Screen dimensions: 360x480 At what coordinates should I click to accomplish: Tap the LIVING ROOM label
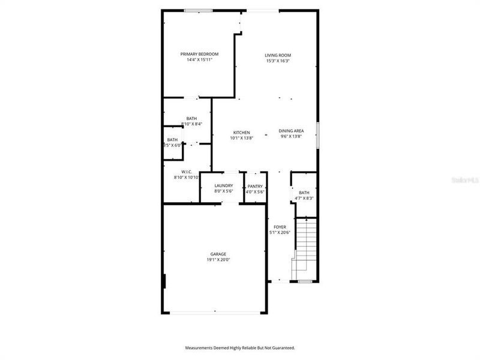tap(278, 55)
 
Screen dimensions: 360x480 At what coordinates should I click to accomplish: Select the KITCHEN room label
tap(242, 133)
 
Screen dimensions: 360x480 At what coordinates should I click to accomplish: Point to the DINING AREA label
tap(291, 131)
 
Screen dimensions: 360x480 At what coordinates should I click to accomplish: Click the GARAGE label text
tap(218, 254)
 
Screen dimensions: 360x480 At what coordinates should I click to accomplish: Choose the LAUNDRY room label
tap(224, 185)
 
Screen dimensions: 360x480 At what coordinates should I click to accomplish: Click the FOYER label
tap(280, 227)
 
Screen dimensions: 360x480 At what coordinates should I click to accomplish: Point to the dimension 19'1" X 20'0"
tap(218, 260)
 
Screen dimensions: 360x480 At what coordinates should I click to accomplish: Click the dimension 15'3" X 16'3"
tap(278, 61)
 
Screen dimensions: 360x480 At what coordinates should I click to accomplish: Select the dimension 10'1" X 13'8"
tap(242, 138)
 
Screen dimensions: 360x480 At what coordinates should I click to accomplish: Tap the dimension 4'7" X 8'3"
tap(304, 198)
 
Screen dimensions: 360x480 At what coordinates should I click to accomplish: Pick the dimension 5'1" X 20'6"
tap(280, 233)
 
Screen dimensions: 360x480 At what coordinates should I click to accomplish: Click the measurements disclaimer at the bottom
tap(240, 347)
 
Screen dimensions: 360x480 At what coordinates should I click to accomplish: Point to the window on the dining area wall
tap(318, 134)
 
